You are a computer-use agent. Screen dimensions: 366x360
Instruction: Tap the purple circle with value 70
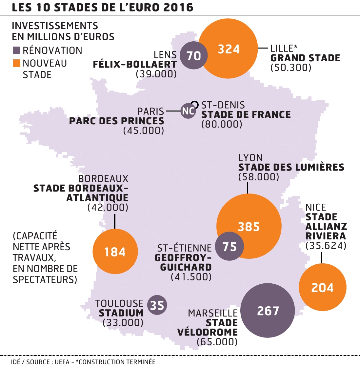[x=194, y=55]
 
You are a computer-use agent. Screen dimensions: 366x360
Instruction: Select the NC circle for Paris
[x=188, y=111]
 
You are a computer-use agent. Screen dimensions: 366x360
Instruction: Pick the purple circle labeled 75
[x=230, y=246]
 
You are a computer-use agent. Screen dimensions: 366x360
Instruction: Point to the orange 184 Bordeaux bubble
[x=115, y=252]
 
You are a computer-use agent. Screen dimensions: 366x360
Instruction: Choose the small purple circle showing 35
[x=157, y=305]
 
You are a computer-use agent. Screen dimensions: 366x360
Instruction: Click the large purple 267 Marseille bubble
[x=268, y=311]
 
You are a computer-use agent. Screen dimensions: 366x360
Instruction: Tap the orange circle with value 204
[x=322, y=287]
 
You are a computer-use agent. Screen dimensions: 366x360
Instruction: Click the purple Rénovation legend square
[x=16, y=51]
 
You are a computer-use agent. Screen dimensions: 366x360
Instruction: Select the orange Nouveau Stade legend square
[x=16, y=63]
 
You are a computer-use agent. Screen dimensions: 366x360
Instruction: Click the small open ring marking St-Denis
[x=195, y=104]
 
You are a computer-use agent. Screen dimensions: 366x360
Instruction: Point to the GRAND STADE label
[x=305, y=58]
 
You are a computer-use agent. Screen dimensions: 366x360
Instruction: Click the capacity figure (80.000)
[x=222, y=124]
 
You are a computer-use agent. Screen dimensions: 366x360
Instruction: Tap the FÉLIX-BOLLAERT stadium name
[x=135, y=64]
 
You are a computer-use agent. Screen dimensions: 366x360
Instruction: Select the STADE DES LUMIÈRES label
[x=291, y=167]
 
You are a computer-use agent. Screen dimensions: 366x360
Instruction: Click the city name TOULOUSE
[x=119, y=303]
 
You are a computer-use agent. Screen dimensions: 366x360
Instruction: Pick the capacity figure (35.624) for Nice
[x=326, y=245]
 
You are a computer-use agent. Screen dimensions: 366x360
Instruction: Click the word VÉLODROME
[x=207, y=332]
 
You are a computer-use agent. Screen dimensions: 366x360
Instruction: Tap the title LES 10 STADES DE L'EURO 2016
[x=102, y=7]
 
